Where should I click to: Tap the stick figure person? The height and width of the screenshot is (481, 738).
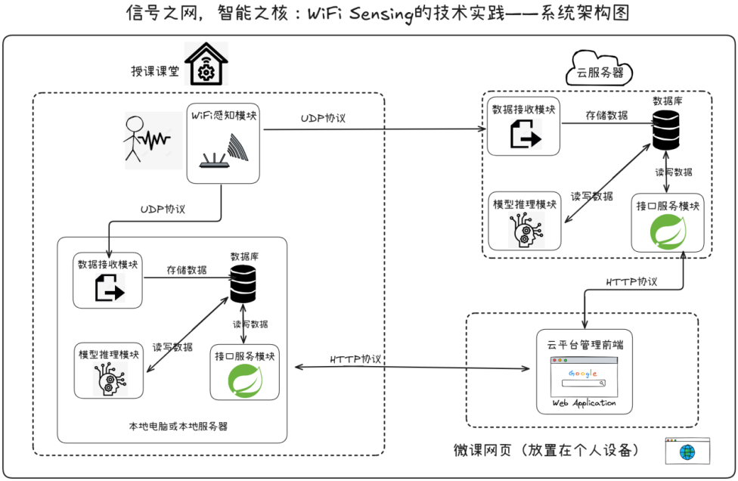click(135, 138)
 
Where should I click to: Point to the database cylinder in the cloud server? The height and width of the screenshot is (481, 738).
click(665, 130)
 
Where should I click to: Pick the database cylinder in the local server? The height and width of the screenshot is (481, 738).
click(242, 284)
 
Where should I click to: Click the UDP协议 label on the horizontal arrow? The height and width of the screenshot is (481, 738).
click(324, 119)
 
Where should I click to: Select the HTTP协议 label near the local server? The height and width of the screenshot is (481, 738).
click(355, 359)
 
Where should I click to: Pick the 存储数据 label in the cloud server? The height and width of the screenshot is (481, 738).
click(606, 116)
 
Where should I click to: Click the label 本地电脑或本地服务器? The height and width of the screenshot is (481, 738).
click(178, 427)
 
